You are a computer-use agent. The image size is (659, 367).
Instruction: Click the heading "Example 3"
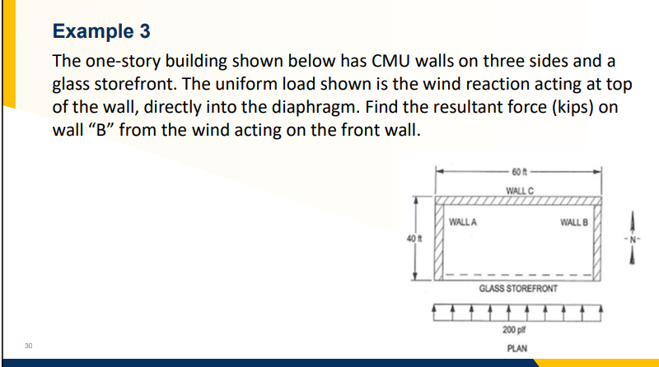pyautogui.click(x=100, y=31)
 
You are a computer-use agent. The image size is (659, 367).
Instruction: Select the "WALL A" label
pyautogui.click(x=464, y=221)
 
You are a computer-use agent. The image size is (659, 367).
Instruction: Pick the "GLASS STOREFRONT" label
pyautogui.click(x=519, y=290)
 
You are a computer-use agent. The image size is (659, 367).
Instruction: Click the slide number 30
pyautogui.click(x=28, y=346)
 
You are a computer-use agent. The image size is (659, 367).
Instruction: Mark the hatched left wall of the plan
pyautogui.click(x=439, y=239)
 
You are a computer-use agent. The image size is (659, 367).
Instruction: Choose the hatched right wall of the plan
pyautogui.click(x=599, y=239)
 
